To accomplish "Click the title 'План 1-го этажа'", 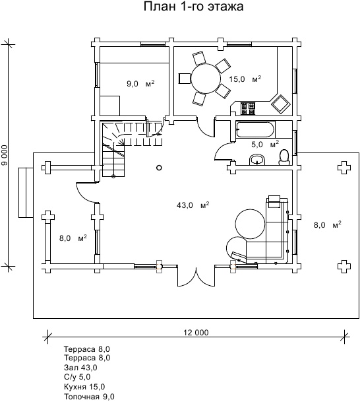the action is pos(193,6).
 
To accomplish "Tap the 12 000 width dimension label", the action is pos(196,333).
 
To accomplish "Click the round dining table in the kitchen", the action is pos(206,78).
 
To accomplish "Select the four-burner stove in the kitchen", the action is pos(248,108).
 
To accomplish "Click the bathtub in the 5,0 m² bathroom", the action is pos(256,130).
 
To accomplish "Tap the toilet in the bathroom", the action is pos(284,157).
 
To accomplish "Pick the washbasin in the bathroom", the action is pos(257,160).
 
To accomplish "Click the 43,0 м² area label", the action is pos(193,205).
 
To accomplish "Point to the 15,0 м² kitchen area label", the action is pos(245,79).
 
